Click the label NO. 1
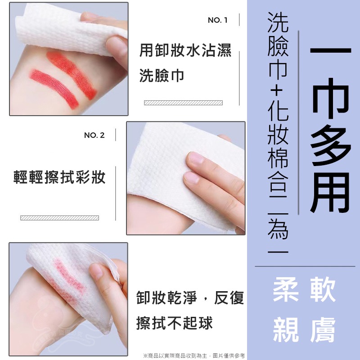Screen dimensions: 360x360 click(218, 20)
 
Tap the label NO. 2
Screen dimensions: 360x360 click(94, 135)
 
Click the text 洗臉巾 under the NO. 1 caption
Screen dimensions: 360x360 click(162, 76)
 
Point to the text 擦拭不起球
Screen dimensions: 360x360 click(174, 323)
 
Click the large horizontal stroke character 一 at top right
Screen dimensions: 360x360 click(331, 50)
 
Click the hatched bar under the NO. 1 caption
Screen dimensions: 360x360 click(183, 103)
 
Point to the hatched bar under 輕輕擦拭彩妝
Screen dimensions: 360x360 click(59, 218)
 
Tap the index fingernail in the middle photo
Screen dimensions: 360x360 click(197, 158)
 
